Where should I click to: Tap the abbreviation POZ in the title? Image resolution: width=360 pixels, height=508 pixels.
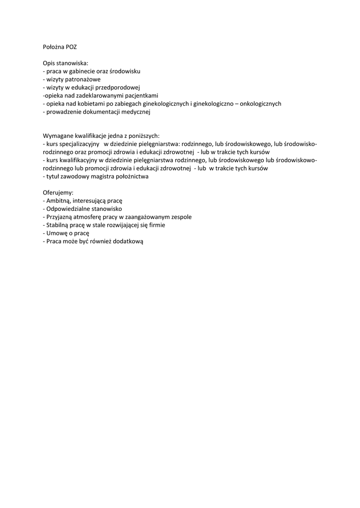(72, 47)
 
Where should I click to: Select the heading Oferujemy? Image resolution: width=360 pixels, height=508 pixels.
(58, 192)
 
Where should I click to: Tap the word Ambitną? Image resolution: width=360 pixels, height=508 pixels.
(58, 201)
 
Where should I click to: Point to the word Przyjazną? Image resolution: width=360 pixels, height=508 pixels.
(60, 217)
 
